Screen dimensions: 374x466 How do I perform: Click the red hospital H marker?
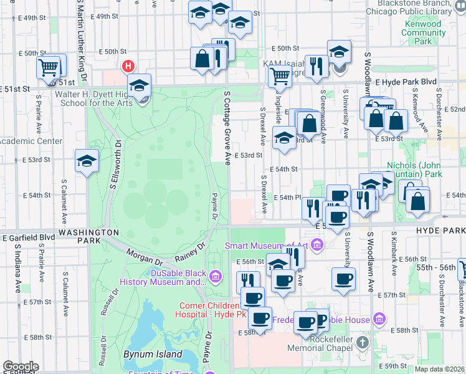pos(129,65)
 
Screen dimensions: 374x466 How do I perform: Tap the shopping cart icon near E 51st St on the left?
pos(49,66)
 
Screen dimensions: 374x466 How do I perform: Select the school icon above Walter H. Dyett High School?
pos(140,85)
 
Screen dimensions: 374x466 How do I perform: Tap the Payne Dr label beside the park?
pos(214,206)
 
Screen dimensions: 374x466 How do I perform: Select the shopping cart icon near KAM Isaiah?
pos(280,76)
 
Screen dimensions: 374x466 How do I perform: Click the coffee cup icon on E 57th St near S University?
pos(343,279)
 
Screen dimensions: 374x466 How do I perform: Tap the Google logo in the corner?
pos(21,367)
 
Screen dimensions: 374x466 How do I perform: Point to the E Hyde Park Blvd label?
pos(405,82)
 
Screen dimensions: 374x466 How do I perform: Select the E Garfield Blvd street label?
pos(29,237)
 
